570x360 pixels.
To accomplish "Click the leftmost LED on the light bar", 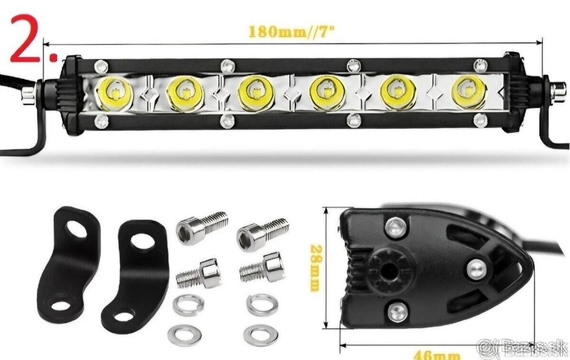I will click(x=115, y=92).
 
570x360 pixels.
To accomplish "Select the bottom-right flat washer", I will click(x=261, y=335).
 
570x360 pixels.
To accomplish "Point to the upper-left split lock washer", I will click(x=188, y=305).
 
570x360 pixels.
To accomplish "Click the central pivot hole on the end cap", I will click(x=388, y=271).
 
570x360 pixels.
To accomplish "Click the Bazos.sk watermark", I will click(x=522, y=349).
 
